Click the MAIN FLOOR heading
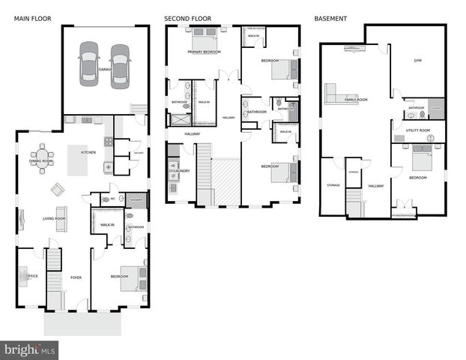(x=33, y=18)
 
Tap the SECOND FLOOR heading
(x=187, y=18)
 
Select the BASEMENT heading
(x=330, y=18)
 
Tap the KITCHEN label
(x=88, y=152)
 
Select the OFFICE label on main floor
(x=32, y=276)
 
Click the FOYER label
(x=76, y=277)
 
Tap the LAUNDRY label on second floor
(x=182, y=171)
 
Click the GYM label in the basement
(x=418, y=61)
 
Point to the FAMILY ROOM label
(x=355, y=99)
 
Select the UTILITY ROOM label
(x=417, y=130)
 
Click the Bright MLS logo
(x=30, y=349)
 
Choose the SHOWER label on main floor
(x=136, y=200)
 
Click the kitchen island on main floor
(x=78, y=160)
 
